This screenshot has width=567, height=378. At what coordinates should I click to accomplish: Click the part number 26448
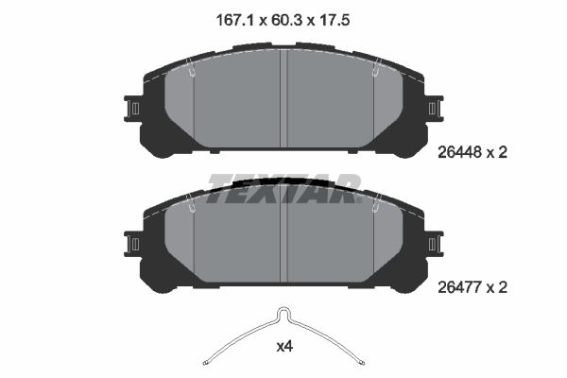tap(459, 152)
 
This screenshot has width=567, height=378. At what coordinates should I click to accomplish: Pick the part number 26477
tap(459, 287)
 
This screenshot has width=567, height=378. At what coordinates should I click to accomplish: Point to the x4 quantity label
tap(284, 347)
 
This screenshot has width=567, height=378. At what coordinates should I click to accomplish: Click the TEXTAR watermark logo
tap(284, 188)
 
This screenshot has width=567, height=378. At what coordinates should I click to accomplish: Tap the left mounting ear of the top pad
tap(132, 109)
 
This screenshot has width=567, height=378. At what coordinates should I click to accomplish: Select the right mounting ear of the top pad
tap(435, 109)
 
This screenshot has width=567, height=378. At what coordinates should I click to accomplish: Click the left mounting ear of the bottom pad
tap(132, 244)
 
